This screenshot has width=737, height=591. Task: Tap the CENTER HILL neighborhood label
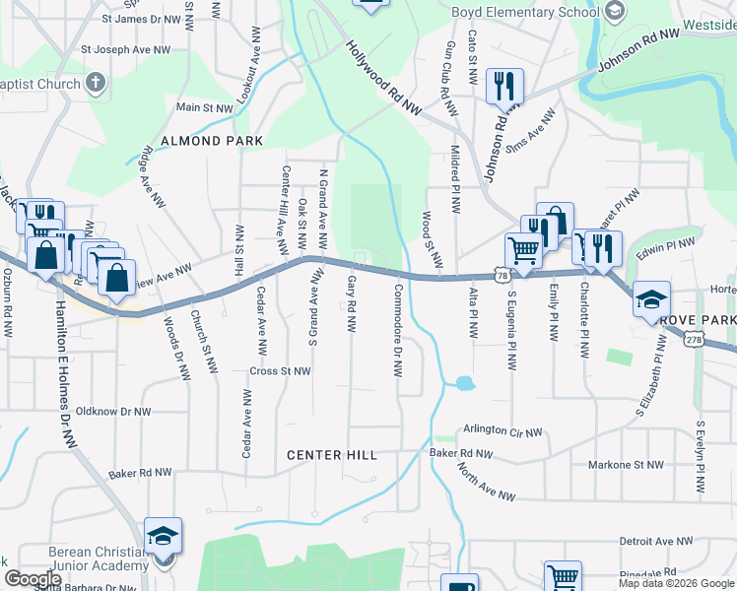point(332,455)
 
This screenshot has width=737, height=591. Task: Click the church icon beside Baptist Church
point(96,83)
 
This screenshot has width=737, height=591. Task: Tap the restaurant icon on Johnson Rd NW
point(504,86)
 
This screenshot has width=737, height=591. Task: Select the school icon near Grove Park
point(652,297)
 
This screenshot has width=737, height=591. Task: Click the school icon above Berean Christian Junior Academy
point(164,536)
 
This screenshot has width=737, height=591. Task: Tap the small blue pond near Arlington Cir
point(464,383)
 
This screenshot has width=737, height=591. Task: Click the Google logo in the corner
point(33,579)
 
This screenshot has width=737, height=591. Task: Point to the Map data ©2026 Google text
point(676,583)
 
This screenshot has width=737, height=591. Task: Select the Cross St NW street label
point(281,371)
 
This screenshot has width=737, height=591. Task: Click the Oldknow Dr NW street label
point(113,411)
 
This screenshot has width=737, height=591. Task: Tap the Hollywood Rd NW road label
point(384,78)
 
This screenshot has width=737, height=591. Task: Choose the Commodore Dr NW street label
point(397,331)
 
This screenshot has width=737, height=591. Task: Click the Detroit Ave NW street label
point(657,542)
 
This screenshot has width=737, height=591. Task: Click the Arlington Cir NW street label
point(502,432)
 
